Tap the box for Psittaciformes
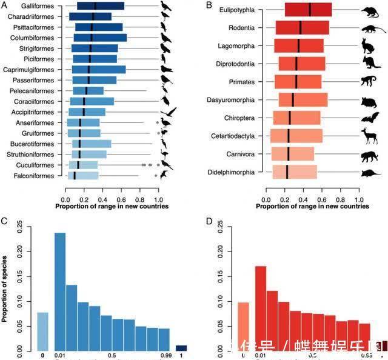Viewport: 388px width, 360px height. pos(98,27)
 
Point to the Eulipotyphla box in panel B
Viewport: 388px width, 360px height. pos(308,10)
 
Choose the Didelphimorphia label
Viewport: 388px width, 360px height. pos(230,172)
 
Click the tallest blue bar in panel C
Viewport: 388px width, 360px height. pos(60,291)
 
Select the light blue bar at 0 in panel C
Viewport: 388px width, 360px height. pos(43,331)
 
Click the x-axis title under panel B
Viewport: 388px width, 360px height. pos(312,206)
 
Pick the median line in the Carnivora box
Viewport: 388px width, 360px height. pos(289,154)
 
